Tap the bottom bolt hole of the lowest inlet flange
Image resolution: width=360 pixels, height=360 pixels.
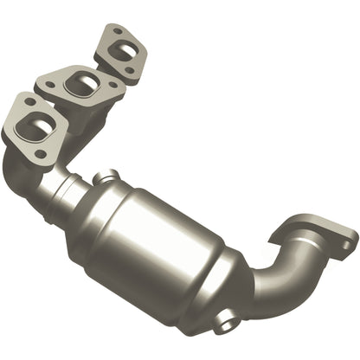click(38, 153)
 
